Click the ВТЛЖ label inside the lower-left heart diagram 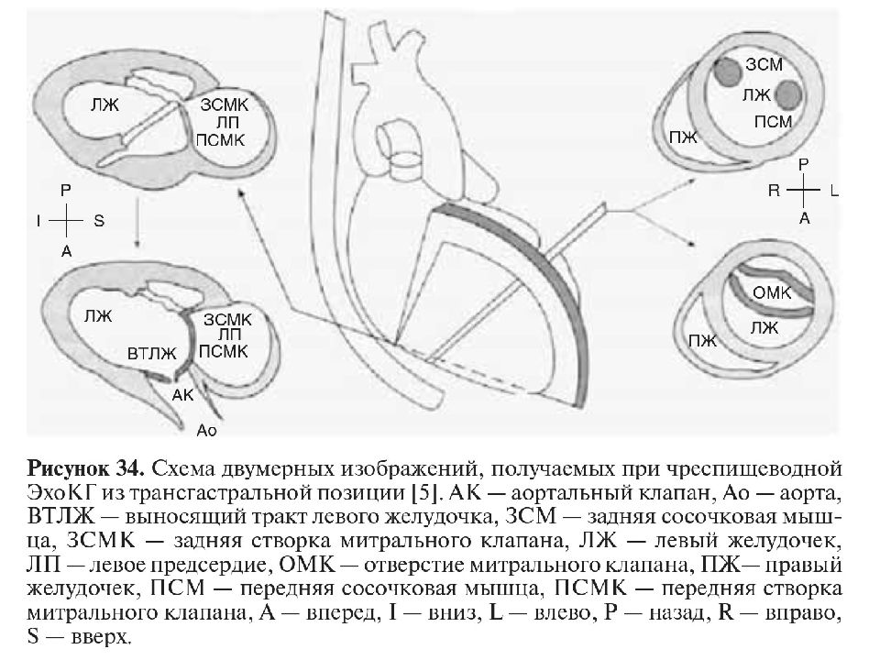(x=152, y=354)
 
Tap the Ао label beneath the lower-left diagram (x=206, y=431)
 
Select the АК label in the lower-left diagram (x=183, y=395)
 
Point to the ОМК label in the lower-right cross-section (x=772, y=292)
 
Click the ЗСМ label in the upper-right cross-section (x=764, y=64)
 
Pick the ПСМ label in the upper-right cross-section (x=773, y=122)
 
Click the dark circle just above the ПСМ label (x=789, y=94)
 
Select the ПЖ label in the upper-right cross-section (x=684, y=137)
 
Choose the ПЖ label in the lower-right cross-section (x=703, y=340)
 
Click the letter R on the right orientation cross (x=774, y=191)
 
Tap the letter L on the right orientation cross (x=834, y=192)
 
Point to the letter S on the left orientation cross (x=99, y=221)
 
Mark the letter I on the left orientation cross (x=38, y=221)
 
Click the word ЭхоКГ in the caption (x=63, y=493)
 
